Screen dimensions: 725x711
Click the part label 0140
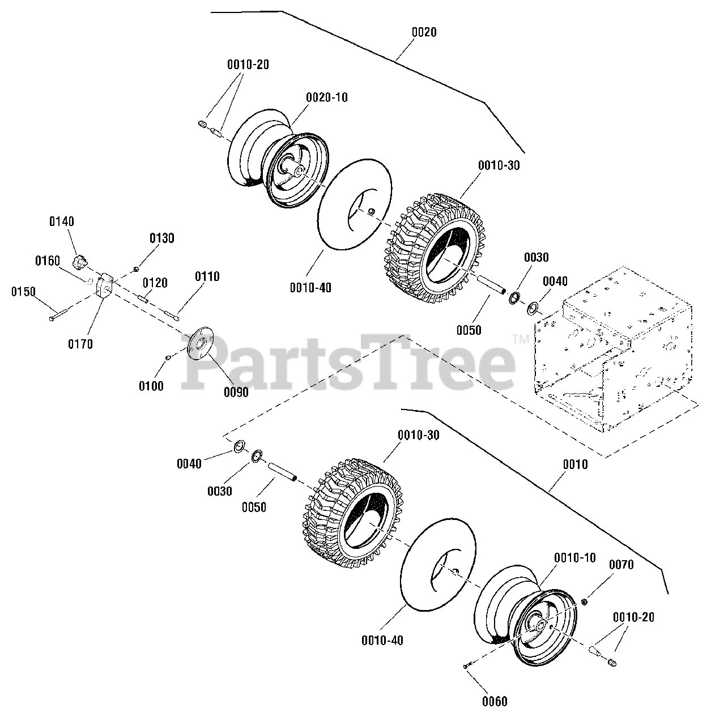[61, 221]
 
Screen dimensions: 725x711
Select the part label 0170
[80, 344]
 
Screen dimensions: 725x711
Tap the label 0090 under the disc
[236, 391]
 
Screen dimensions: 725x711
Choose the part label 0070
[621, 565]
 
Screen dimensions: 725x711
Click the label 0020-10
[327, 97]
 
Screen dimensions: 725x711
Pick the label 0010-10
[574, 558]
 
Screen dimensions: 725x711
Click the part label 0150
[23, 292]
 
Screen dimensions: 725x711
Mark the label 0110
[207, 276]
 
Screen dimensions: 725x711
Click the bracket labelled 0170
[104, 286]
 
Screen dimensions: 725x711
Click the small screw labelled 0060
[466, 666]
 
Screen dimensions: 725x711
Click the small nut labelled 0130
[137, 268]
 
